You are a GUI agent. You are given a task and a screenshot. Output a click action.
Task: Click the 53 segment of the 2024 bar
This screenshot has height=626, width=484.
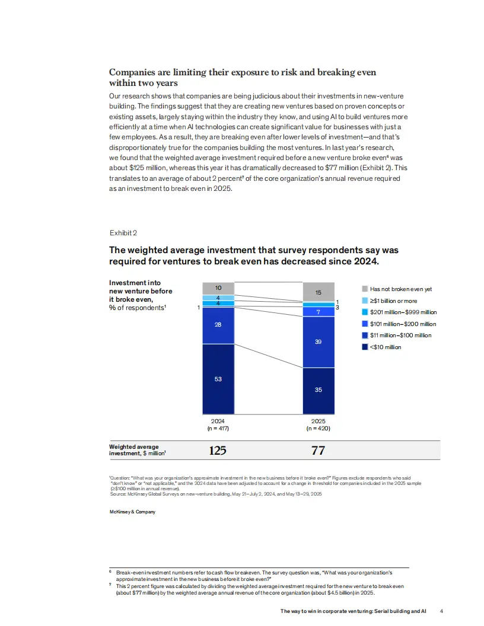(x=218, y=379)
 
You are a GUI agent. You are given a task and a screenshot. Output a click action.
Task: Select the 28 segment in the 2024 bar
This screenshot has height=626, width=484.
(x=218, y=325)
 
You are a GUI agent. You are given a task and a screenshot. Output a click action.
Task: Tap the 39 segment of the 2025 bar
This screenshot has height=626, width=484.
(x=318, y=342)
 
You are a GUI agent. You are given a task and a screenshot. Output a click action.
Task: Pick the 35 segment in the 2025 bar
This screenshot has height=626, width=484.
(x=318, y=390)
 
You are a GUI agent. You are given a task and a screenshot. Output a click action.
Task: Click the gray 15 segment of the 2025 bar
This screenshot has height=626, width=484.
(x=318, y=292)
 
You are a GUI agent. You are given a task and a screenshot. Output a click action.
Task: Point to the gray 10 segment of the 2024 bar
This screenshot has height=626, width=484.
(x=218, y=288)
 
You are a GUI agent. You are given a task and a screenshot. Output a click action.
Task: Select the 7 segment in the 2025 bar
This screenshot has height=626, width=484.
(x=318, y=312)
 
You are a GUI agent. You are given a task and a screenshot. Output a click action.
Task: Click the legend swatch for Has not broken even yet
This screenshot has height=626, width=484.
(x=365, y=289)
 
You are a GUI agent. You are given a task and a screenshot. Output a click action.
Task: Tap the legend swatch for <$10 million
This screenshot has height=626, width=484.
(x=365, y=347)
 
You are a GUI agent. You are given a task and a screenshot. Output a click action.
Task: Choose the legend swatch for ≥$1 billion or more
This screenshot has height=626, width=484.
(x=365, y=301)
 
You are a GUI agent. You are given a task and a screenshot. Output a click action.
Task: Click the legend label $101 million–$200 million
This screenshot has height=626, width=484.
(x=403, y=324)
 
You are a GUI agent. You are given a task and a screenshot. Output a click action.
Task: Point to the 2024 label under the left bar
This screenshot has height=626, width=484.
(x=218, y=420)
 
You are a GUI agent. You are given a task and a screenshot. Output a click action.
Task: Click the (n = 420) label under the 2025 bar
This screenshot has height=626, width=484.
(x=318, y=427)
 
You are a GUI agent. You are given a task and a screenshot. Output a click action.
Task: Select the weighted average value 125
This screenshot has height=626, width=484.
(x=218, y=451)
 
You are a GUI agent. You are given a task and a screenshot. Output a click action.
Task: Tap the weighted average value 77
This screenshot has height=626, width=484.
(x=318, y=451)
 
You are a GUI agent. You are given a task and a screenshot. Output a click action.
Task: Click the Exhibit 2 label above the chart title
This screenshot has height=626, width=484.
(x=123, y=232)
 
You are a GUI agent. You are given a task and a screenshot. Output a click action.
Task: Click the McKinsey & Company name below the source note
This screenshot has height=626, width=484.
(x=132, y=512)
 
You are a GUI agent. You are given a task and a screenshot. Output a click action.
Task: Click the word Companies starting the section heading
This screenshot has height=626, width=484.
(x=132, y=72)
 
